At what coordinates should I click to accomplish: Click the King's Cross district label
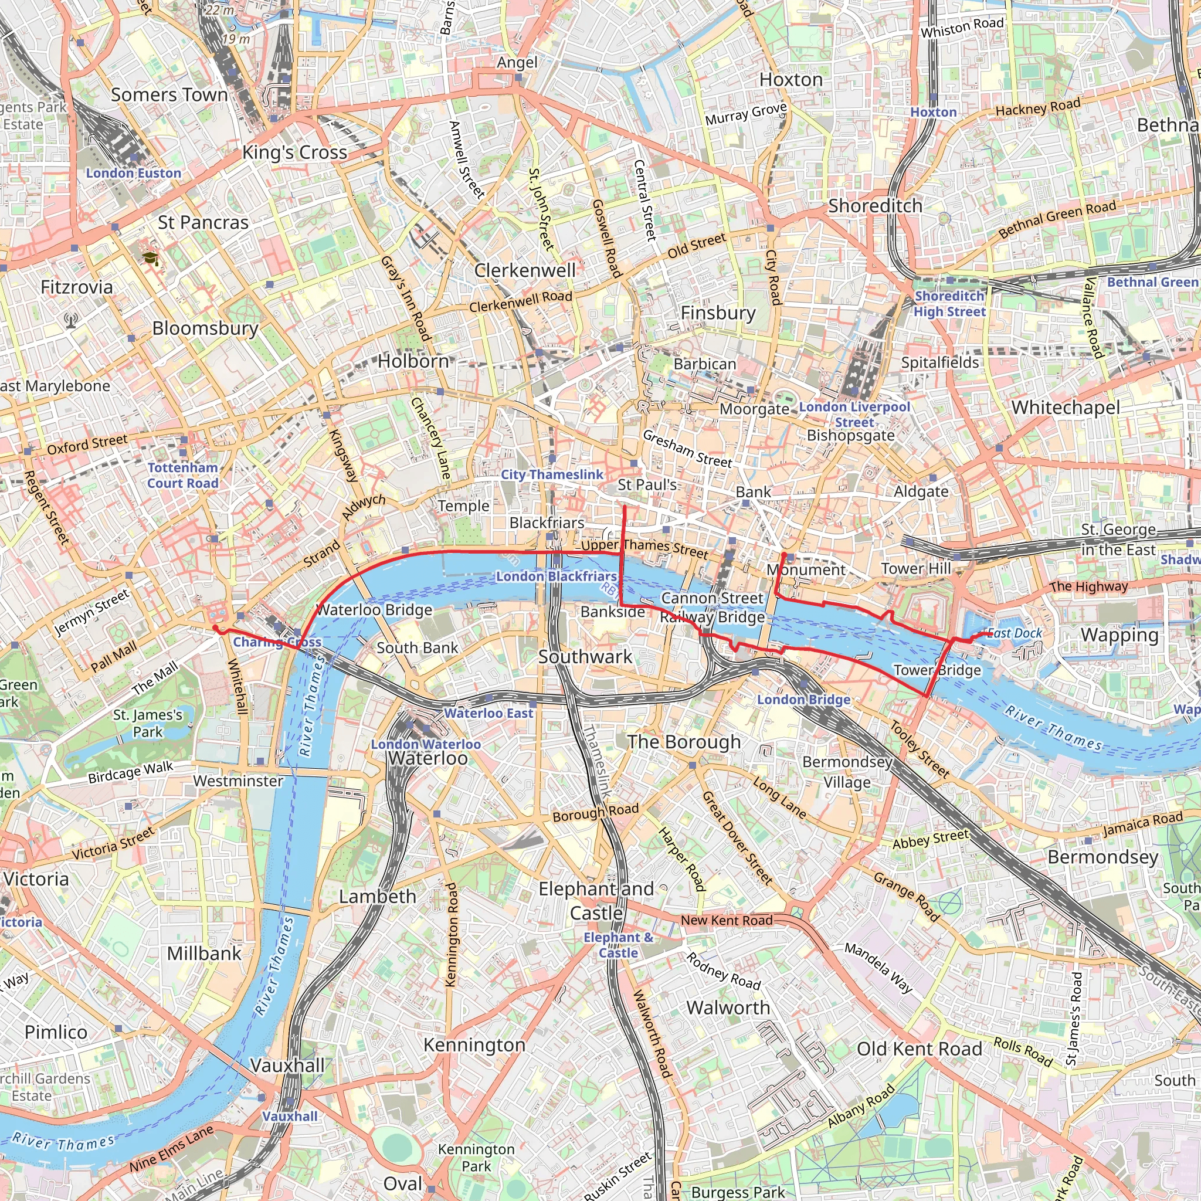[294, 152]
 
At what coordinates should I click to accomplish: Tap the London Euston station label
[133, 173]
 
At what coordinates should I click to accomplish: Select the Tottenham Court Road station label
[183, 475]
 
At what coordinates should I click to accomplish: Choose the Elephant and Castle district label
[596, 900]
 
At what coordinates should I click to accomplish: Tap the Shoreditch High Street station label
[949, 304]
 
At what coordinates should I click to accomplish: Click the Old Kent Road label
[920, 1049]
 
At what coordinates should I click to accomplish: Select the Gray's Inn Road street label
[406, 298]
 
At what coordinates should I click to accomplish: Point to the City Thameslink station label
[552, 474]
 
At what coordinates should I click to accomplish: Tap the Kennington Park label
[476, 1158]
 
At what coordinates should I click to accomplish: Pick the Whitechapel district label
[1066, 407]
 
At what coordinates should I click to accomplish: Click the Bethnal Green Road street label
[1057, 219]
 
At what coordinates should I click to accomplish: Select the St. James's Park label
[148, 723]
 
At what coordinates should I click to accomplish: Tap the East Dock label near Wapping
[1014, 633]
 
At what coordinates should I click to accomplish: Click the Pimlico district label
[56, 1032]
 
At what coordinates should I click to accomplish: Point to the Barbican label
[704, 364]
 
